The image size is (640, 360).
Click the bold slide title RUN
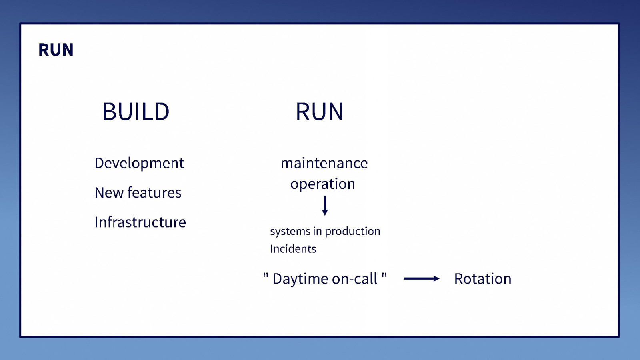tap(56, 50)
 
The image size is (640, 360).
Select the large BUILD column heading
tap(136, 112)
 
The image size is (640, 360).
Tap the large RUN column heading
tap(319, 112)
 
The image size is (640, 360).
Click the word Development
tap(139, 163)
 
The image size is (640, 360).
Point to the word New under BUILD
tap(109, 193)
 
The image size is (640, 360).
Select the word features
tap(154, 193)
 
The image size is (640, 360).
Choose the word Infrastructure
tap(140, 222)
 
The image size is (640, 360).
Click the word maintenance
tap(324, 163)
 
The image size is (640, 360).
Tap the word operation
tap(323, 184)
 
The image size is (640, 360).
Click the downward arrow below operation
tap(325, 206)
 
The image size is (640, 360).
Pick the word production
tap(352, 231)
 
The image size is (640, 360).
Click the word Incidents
tap(293, 249)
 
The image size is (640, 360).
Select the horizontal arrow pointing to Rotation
tap(421, 278)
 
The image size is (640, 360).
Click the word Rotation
tap(482, 279)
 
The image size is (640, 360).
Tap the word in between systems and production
tap(317, 231)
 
